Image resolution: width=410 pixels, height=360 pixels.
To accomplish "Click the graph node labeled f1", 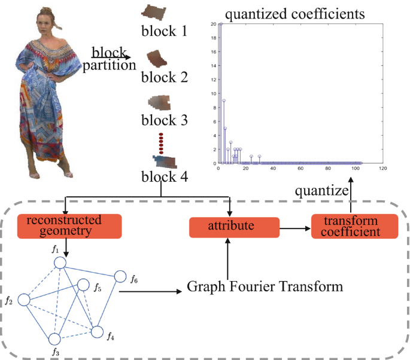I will [x=59, y=263].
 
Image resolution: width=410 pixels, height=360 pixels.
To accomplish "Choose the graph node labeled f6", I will [x=120, y=277].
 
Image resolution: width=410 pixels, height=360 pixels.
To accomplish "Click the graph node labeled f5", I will [x=83, y=286].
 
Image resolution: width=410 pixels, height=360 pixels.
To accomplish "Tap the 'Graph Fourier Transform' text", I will [x=265, y=286].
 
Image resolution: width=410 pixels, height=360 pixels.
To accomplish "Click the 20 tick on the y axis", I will [x=213, y=24].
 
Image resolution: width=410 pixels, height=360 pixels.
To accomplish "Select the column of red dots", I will [x=160, y=144].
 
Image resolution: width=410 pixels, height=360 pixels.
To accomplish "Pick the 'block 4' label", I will [x=164, y=176].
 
